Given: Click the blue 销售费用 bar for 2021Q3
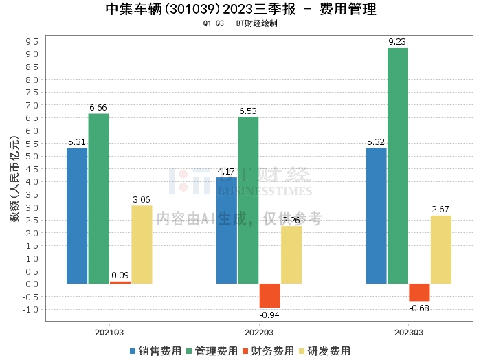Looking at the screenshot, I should [77, 216].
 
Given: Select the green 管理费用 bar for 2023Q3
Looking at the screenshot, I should [397, 166].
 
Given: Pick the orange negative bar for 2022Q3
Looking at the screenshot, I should [269, 295].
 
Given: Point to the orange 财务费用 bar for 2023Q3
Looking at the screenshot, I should [419, 292].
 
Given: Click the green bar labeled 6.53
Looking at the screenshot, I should [248, 200].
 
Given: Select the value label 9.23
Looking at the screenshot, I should [397, 42].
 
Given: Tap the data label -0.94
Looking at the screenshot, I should [269, 315].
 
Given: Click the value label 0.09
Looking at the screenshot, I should [120, 275].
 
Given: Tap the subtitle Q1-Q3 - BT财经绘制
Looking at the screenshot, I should [241, 23].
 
